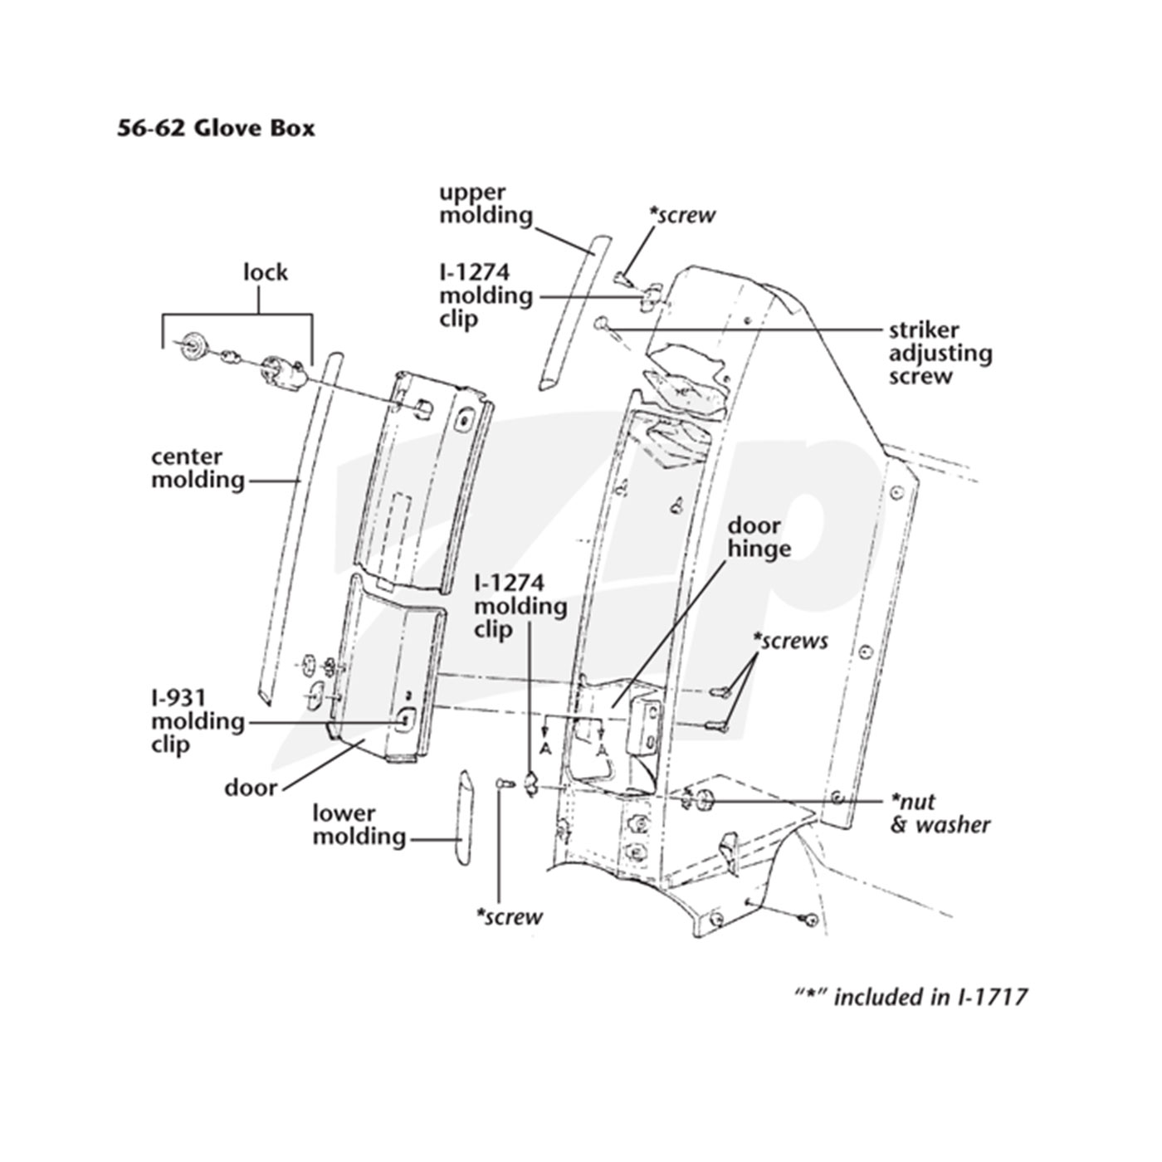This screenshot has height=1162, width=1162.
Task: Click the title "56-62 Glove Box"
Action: tap(215, 129)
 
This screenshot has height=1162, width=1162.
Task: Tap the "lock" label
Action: tap(266, 272)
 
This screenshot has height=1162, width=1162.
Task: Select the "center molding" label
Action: tap(198, 468)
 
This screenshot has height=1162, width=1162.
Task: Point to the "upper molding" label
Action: tap(486, 204)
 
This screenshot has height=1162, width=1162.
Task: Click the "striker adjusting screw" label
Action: tap(940, 354)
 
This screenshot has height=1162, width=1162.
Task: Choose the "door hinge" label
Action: tap(759, 537)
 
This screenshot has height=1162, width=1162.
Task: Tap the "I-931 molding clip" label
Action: tap(198, 720)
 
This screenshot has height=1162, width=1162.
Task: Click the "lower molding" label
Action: tap(359, 825)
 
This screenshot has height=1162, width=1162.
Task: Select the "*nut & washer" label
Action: tap(940, 813)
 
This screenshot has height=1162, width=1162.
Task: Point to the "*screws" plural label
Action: tap(790, 641)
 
